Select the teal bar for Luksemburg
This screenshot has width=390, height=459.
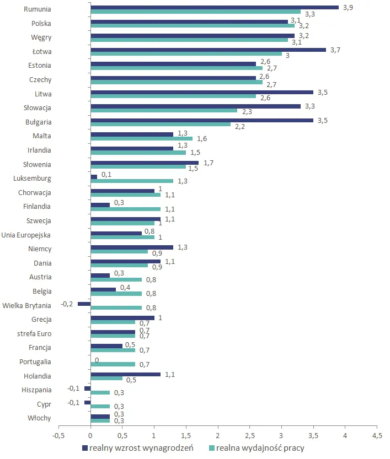[x=131, y=181]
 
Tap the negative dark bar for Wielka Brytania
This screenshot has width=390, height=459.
[x=84, y=304]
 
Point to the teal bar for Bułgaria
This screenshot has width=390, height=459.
[x=161, y=124]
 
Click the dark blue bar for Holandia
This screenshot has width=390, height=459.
[x=125, y=374]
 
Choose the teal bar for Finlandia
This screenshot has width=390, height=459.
[x=125, y=209]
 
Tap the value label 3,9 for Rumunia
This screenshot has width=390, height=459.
[x=346, y=7]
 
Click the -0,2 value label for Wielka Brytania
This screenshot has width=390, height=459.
[x=67, y=303]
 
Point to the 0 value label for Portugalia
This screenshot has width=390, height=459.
[x=97, y=360]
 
